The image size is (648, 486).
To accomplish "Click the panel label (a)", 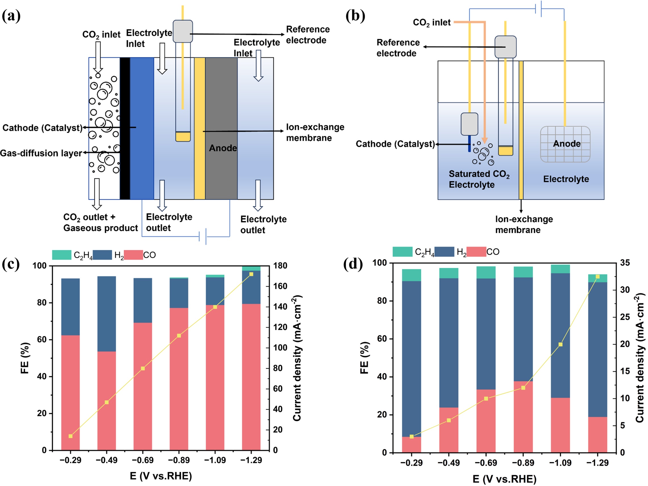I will pyautogui.click(x=11, y=16).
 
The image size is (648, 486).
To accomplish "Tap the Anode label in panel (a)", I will pyautogui.click(x=223, y=148).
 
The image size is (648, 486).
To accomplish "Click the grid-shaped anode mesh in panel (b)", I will pyautogui.click(x=565, y=144).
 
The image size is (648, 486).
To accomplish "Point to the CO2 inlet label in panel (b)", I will pyautogui.click(x=431, y=22).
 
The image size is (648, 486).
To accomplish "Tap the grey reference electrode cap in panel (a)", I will pyautogui.click(x=183, y=31).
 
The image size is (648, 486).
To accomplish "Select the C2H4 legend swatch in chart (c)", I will pyautogui.click(x=62, y=255).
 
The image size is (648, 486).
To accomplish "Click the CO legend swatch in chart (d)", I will pyautogui.click(x=476, y=252).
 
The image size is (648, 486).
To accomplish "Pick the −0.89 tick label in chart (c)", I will pyautogui.click(x=179, y=460).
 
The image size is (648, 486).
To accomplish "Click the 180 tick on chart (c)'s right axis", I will pyautogui.click(x=280, y=266).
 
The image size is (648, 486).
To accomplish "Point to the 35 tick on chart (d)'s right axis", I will pyautogui.click(x=624, y=263).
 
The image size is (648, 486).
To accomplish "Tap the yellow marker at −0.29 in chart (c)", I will pyautogui.click(x=70, y=436).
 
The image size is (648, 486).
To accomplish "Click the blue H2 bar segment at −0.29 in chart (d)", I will pyautogui.click(x=411, y=357).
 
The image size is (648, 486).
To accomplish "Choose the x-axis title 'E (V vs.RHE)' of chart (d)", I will pyautogui.click(x=504, y=479).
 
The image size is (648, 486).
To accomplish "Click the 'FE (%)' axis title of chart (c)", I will pyautogui.click(x=25, y=358).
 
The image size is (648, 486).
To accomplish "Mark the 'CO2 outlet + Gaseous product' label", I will pyautogui.click(x=100, y=222).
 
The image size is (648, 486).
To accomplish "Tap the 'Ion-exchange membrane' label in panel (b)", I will pyautogui.click(x=524, y=224).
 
